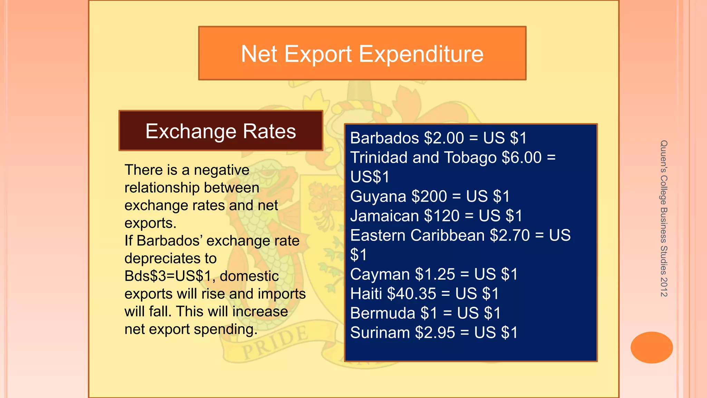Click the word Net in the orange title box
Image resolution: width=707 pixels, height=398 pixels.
259,54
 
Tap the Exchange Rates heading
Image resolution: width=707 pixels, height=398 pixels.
221,131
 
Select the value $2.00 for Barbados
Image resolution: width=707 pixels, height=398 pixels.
444,138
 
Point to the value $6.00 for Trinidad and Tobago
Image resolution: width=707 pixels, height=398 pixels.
522,158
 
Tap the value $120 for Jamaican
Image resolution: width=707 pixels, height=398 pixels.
442,216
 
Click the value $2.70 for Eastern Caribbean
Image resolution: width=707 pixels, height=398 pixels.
510,235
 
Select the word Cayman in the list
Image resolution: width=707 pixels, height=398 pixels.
380,274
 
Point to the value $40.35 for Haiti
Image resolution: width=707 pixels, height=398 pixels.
411,294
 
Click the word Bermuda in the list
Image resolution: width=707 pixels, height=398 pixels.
382,313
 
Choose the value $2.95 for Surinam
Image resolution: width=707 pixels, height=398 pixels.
435,333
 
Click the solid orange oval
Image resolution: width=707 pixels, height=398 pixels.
651,347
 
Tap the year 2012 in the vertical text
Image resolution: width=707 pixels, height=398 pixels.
664,287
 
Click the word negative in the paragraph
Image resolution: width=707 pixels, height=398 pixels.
221,170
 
